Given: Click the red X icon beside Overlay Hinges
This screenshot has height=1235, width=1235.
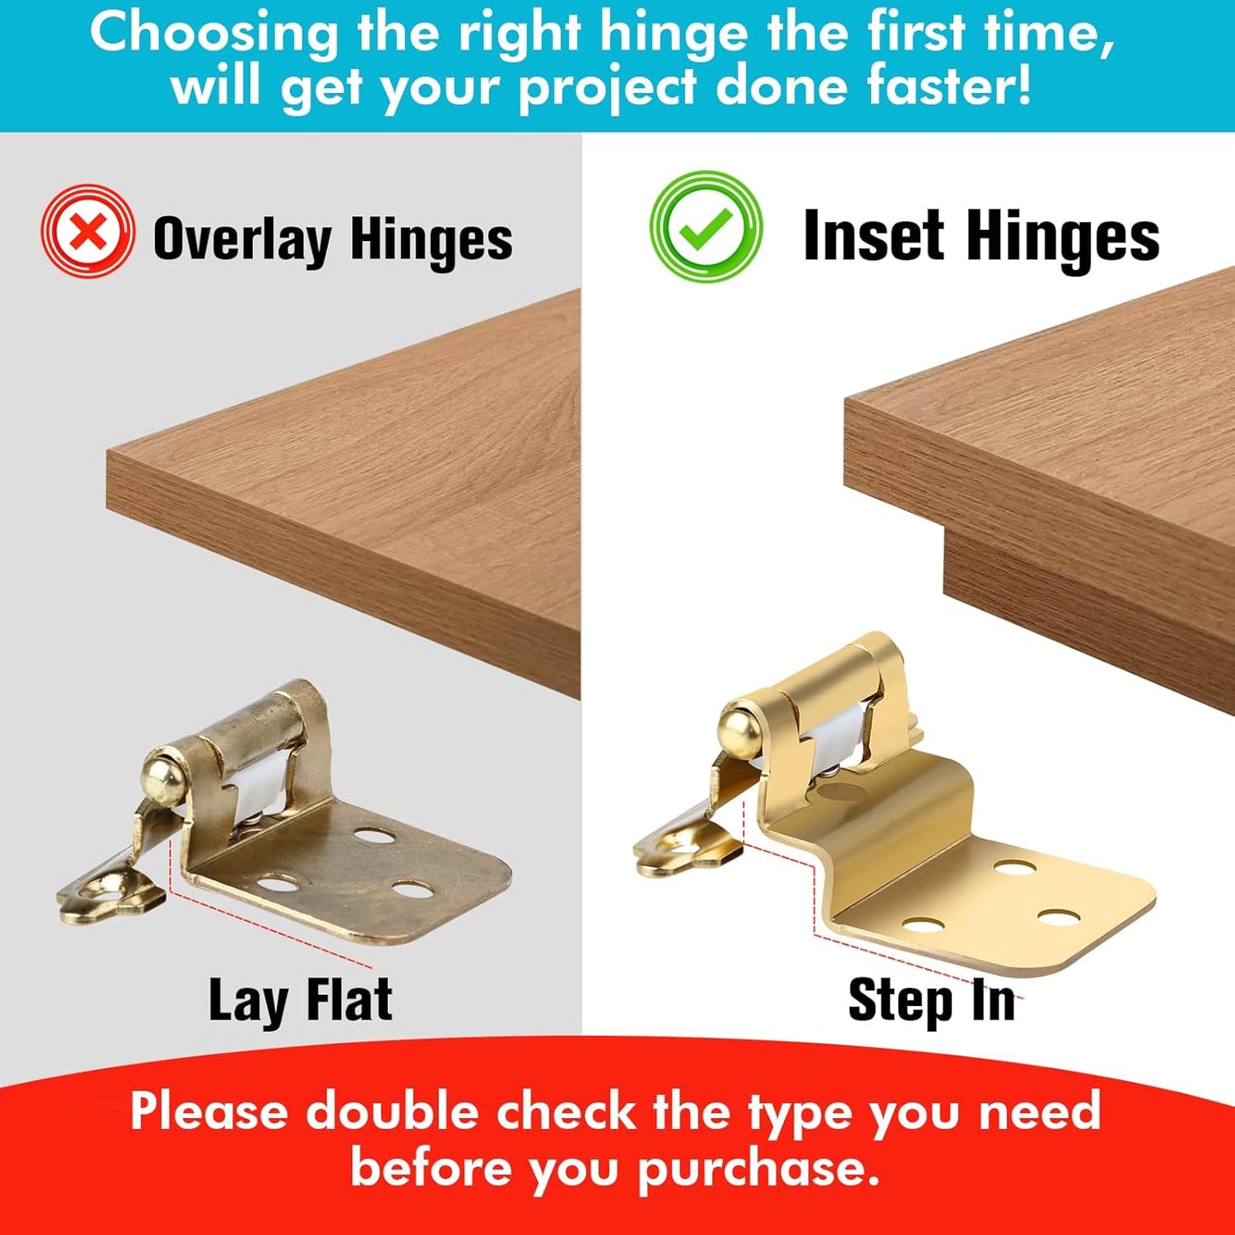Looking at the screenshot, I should (x=87, y=232).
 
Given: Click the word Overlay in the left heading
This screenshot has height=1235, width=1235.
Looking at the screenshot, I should (x=242, y=239).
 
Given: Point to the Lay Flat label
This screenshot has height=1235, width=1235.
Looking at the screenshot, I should (x=300, y=1000).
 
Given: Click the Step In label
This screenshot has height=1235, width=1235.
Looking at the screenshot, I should (x=932, y=1000).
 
